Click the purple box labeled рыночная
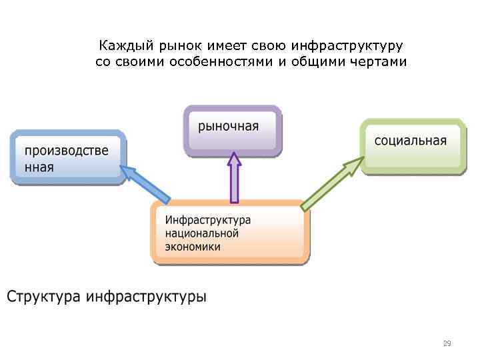pyautogui.click(x=232, y=128)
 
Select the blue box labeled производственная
pyautogui.click(x=67, y=157)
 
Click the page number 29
pyautogui.click(x=447, y=344)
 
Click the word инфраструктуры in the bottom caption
pyautogui.click(x=147, y=296)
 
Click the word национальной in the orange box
pyautogui.click(x=202, y=233)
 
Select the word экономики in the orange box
pyautogui.click(x=193, y=247)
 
